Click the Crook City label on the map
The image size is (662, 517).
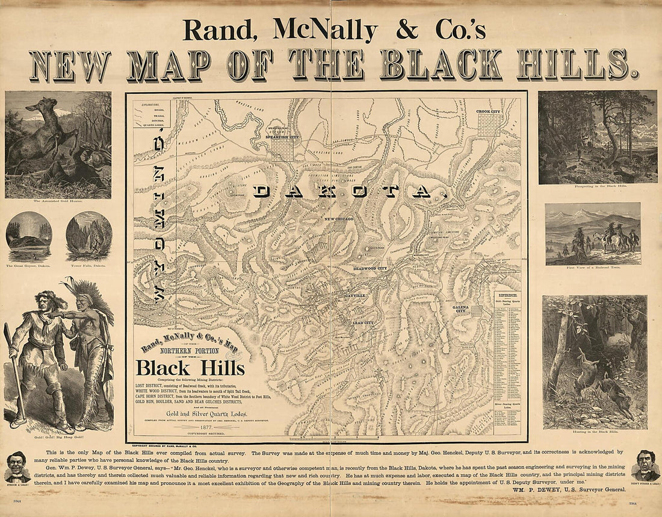[487, 111]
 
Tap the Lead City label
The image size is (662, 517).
[362, 323]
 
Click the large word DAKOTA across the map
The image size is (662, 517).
[349, 192]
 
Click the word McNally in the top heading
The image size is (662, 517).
[325, 30]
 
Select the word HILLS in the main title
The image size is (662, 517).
[577, 65]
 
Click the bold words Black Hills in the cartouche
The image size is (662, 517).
[190, 368]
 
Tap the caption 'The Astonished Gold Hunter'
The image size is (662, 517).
[58, 201]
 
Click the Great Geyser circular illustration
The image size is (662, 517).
[29, 236]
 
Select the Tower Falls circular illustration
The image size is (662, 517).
[88, 236]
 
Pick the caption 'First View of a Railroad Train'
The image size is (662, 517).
[593, 268]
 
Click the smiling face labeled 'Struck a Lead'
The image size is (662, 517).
[17, 465]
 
